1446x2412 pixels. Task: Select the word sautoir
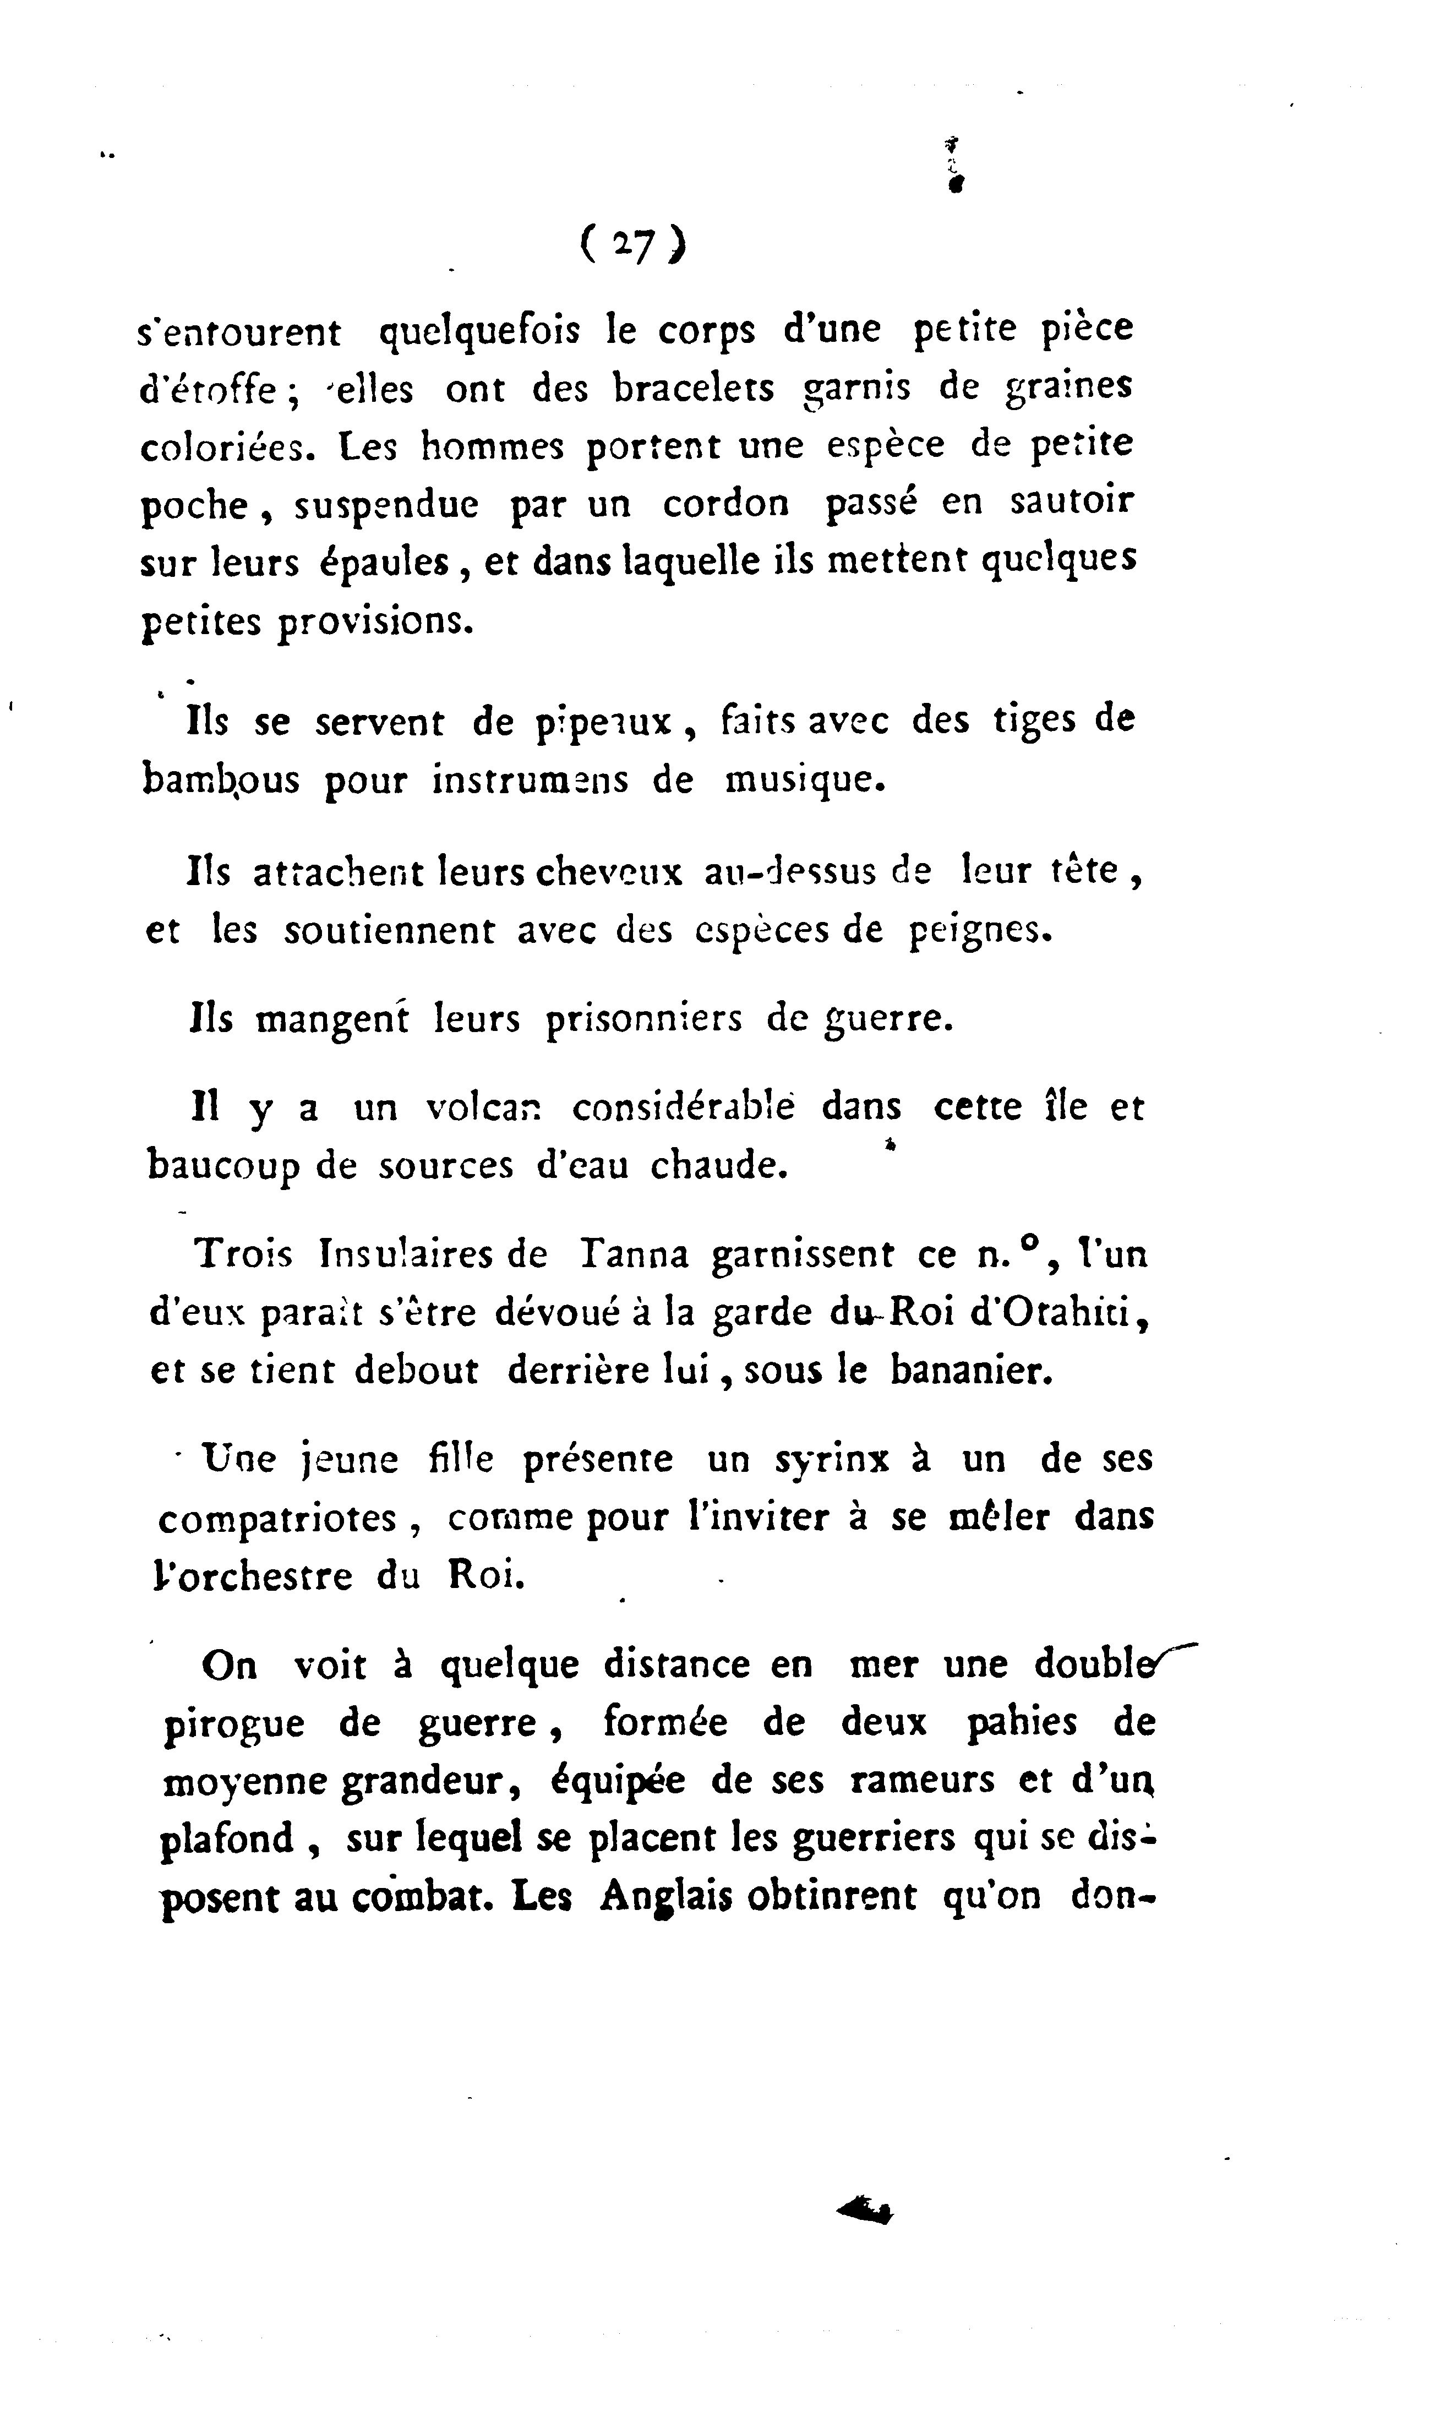[1072, 501]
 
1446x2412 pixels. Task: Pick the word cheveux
[609, 871]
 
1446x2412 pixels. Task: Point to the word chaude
[718, 1165]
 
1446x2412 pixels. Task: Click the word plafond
[227, 1839]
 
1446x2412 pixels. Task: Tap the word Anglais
[665, 1896]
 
